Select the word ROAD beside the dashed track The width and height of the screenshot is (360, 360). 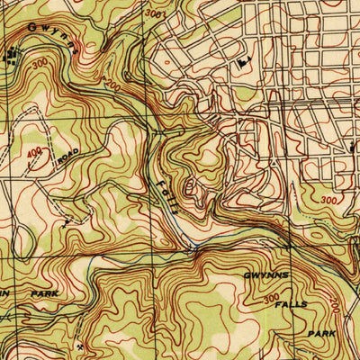[67, 154]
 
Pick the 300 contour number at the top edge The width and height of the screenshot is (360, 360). [154, 14]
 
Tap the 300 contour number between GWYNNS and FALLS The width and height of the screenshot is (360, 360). [271, 298]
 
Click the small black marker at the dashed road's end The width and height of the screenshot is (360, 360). [67, 218]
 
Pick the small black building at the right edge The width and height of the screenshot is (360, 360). [354, 143]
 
